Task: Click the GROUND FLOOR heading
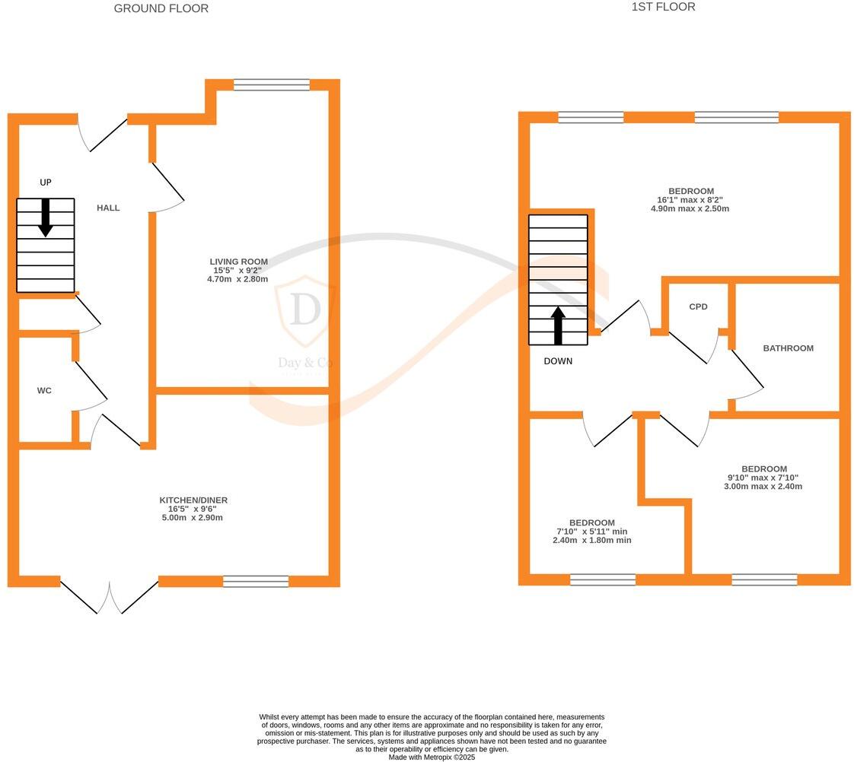click(161, 8)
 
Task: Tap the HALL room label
click(108, 208)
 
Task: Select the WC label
click(44, 391)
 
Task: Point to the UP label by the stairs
click(46, 183)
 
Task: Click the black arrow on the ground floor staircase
click(46, 217)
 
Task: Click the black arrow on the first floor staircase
click(558, 325)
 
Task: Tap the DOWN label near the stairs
click(558, 361)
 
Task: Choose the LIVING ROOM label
click(239, 262)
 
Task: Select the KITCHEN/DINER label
click(193, 500)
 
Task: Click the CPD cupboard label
click(698, 307)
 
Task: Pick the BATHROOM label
click(789, 348)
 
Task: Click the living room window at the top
click(272, 85)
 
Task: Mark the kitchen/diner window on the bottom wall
click(256, 582)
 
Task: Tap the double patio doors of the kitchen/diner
click(109, 597)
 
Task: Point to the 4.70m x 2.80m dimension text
click(239, 280)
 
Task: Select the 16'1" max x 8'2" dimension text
click(690, 200)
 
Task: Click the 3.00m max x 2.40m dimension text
click(763, 487)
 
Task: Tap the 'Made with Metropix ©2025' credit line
click(432, 757)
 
